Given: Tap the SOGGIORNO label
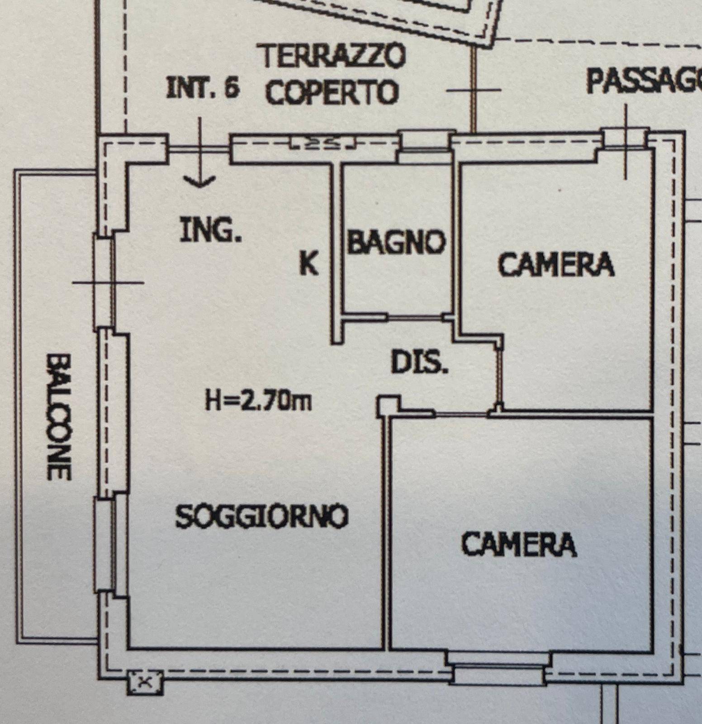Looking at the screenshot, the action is (262, 516).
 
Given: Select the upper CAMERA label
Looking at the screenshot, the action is (556, 264).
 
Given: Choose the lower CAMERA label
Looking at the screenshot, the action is (519, 544).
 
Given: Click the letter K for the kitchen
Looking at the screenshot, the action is (309, 263).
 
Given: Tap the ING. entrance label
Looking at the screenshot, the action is (211, 230).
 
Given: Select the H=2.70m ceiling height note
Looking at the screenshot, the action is (258, 401).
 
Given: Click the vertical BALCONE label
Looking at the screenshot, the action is (59, 416).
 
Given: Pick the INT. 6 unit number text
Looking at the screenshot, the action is (202, 88).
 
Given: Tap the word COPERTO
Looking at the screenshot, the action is (332, 92).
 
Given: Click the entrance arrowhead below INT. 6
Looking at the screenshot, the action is (199, 182).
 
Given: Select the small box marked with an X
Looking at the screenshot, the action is (145, 681).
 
